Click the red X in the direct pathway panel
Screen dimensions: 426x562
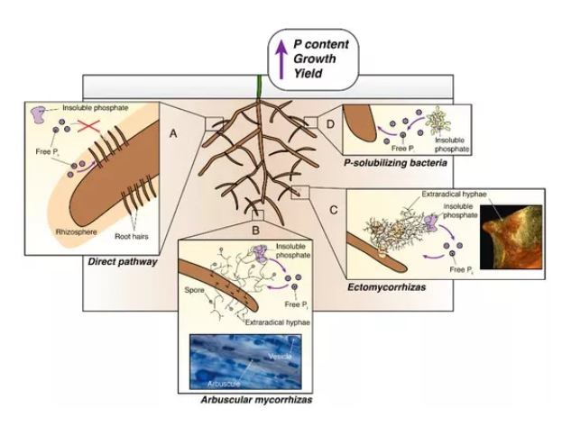click(86, 126)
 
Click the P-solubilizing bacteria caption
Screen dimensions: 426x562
click(393, 167)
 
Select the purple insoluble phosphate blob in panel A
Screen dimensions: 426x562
click(41, 114)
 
